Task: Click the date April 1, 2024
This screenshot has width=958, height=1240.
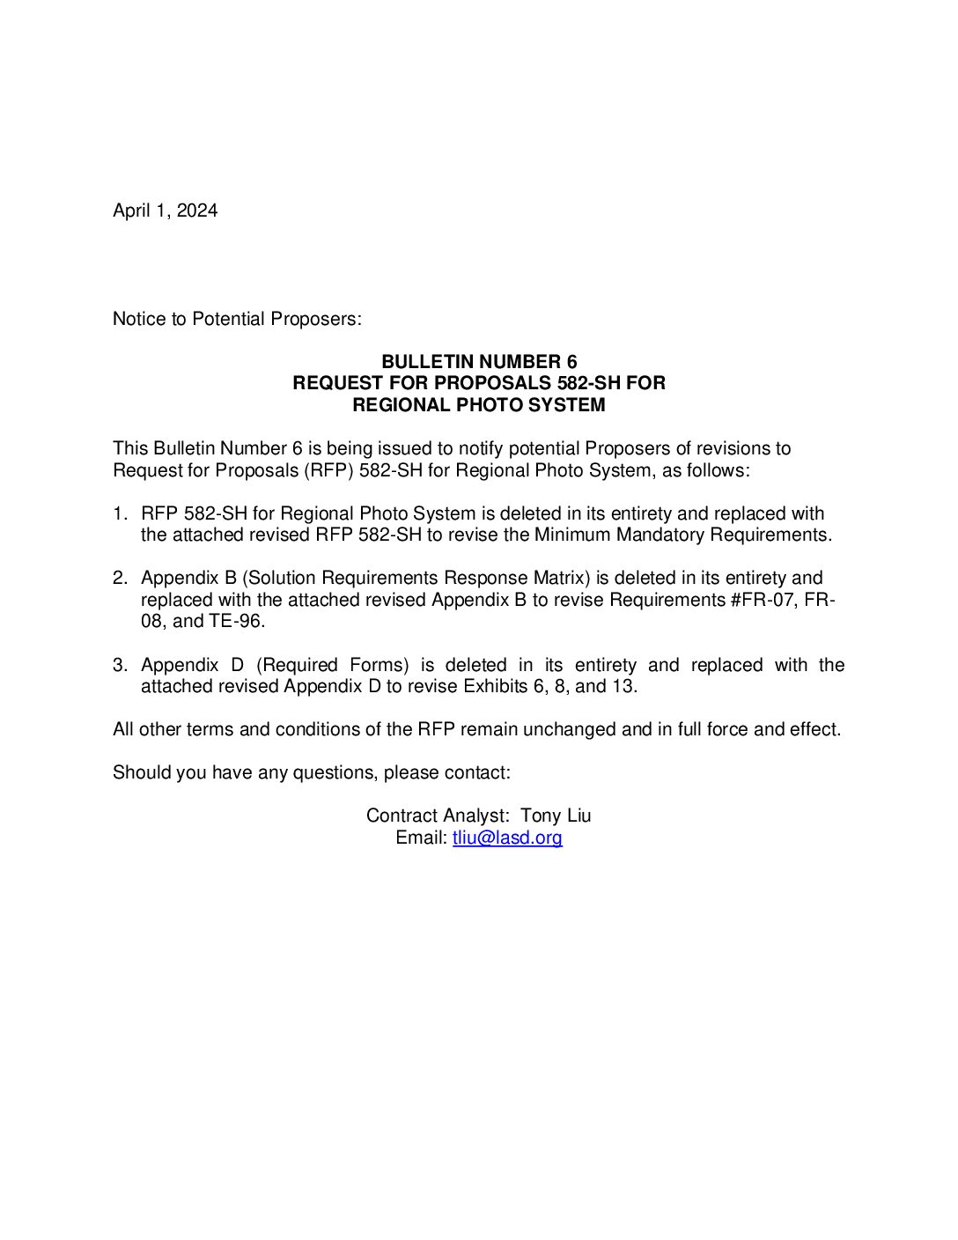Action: pos(165,210)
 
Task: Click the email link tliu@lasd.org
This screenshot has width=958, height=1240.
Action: pos(507,838)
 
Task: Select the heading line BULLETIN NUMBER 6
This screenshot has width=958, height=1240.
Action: pos(479,362)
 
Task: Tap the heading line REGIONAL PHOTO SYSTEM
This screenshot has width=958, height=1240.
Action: pos(479,405)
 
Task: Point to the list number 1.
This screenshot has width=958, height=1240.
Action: pos(120,513)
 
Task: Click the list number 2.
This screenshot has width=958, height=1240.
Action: pos(120,578)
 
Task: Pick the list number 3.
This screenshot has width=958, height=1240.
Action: pos(120,665)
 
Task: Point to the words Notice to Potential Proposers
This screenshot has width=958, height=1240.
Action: pos(237,319)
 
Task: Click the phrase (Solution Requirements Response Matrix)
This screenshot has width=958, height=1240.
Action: pos(416,578)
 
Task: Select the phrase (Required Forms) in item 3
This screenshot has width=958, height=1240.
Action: pos(333,665)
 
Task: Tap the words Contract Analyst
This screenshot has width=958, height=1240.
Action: pos(437,816)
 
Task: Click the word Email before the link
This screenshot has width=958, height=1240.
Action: pos(421,838)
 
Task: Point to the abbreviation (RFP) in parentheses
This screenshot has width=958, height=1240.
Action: pos(329,470)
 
